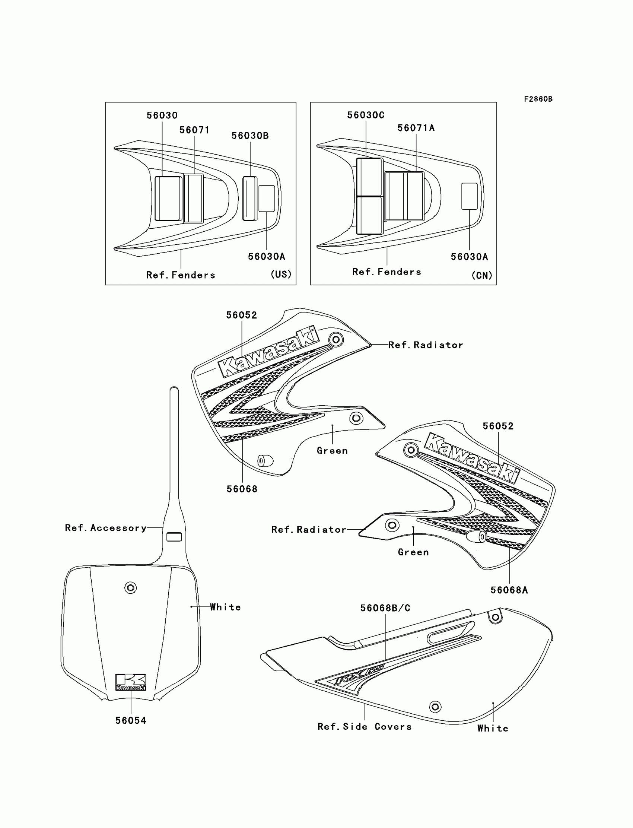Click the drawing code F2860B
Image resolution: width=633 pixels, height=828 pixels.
[538, 99]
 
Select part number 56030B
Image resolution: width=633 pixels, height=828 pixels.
[250, 136]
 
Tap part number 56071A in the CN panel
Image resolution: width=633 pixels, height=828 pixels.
[416, 128]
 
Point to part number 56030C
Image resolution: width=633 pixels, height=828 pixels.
[366, 115]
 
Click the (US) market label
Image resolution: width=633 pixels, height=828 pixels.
[281, 274]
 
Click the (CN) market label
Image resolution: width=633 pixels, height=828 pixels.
[482, 276]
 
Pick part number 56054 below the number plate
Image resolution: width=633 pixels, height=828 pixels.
[130, 721]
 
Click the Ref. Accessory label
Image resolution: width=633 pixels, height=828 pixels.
[105, 528]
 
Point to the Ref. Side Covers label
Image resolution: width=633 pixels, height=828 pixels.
[365, 727]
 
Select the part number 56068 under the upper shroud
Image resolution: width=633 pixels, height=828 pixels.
[242, 489]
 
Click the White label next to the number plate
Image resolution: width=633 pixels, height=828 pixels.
[225, 607]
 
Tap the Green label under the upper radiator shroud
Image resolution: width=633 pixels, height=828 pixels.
[332, 451]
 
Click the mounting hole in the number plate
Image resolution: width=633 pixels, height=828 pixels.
[130, 587]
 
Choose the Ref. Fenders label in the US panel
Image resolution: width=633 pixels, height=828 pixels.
[181, 275]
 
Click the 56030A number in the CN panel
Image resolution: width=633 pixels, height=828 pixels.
[469, 257]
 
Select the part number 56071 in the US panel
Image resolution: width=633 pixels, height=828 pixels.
[194, 130]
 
